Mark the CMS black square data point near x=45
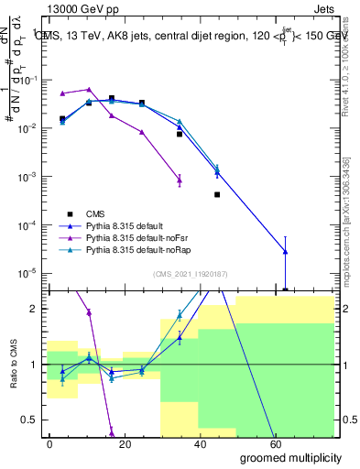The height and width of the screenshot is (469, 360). [x=217, y=194]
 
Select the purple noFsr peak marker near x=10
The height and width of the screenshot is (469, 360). [x=89, y=90]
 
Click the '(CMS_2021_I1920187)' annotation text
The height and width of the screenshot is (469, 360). [x=190, y=272]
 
